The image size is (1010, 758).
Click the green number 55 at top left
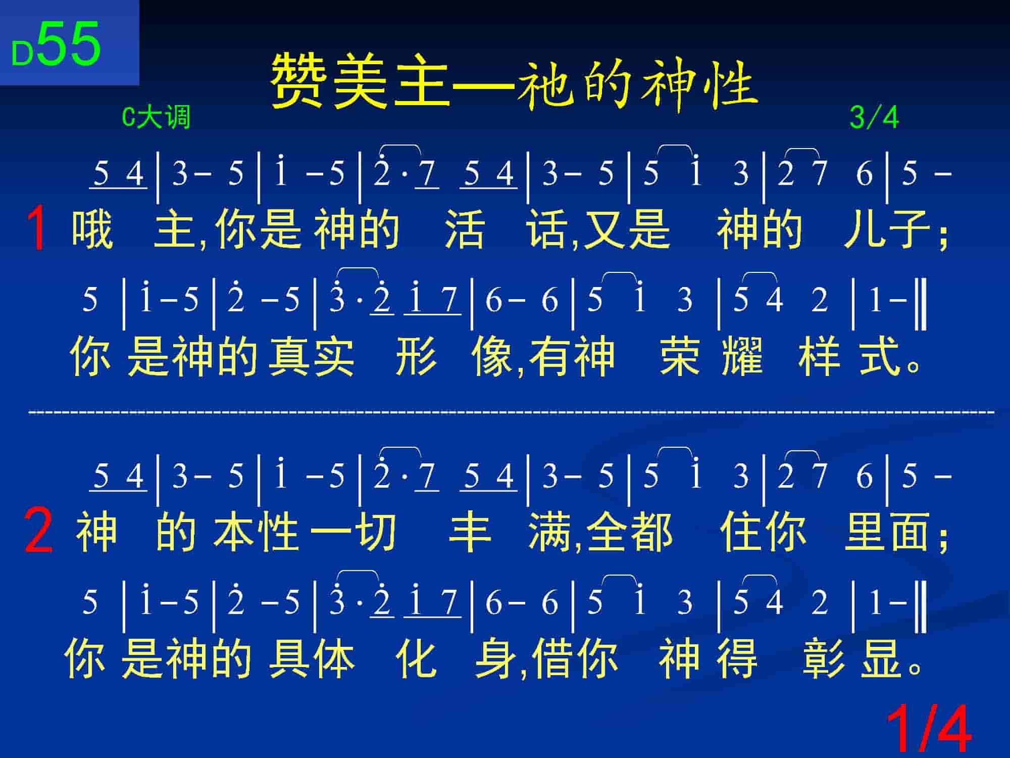pyautogui.click(x=69, y=44)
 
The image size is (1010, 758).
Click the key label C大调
pyautogui.click(x=156, y=118)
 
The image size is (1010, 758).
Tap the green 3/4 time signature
pyautogui.click(x=874, y=118)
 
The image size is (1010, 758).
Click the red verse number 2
pyautogui.click(x=38, y=531)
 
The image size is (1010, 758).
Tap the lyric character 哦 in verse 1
pyautogui.click(x=92, y=230)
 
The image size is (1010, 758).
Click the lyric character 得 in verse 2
pyautogui.click(x=737, y=658)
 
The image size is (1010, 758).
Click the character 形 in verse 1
pyautogui.click(x=416, y=356)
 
